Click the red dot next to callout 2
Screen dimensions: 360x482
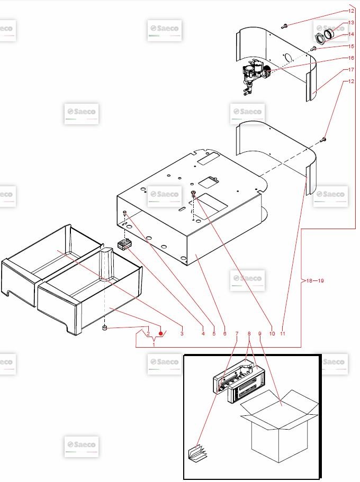coord(160,333)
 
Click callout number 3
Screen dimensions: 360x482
coord(182,333)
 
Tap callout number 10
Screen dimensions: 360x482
coord(272,333)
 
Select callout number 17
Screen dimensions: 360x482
coord(351,70)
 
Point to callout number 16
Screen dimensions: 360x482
coord(351,58)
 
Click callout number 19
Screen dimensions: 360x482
coord(321,280)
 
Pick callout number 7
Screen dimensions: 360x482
coord(237,333)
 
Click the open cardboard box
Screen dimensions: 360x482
coord(278,426)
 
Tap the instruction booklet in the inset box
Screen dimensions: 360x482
coord(197,452)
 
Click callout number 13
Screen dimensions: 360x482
coord(351,23)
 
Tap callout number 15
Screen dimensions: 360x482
coord(351,47)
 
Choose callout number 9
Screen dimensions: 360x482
coord(260,333)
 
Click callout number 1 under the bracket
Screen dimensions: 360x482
coord(154,344)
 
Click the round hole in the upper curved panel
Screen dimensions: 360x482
coord(289,58)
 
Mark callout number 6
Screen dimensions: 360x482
coord(224,333)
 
